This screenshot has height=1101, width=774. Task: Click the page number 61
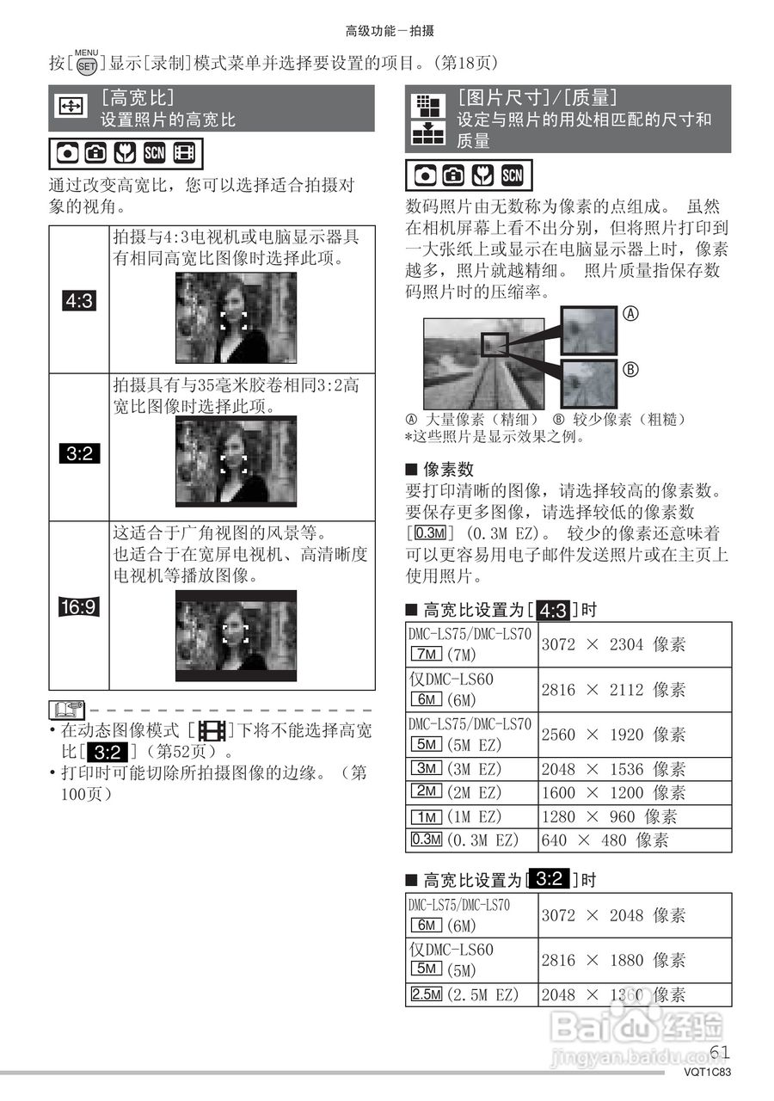click(721, 1052)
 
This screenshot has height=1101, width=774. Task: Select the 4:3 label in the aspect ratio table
click(80, 301)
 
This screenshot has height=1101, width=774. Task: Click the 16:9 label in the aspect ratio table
click(80, 607)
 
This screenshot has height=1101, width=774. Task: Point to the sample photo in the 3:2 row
click(236, 461)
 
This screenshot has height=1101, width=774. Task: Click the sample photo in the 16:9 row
click(236, 636)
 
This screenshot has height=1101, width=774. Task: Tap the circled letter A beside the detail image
click(630, 315)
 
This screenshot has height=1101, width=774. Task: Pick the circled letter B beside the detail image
click(630, 370)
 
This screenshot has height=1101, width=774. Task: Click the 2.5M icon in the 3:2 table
click(427, 995)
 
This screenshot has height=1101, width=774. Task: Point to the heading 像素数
click(448, 470)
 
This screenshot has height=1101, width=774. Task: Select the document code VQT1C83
click(708, 1073)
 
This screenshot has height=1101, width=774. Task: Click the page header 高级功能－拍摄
click(390, 31)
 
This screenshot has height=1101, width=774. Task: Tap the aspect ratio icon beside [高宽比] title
click(69, 107)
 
